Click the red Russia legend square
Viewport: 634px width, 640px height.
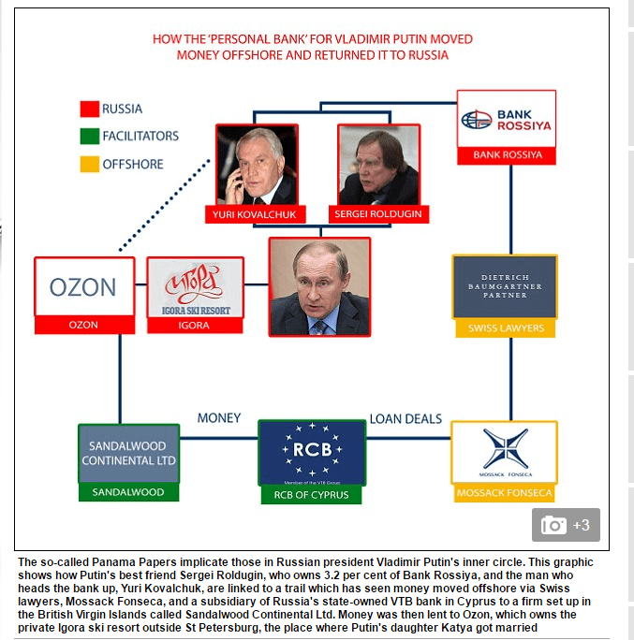click(90, 109)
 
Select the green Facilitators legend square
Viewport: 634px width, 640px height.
click(90, 136)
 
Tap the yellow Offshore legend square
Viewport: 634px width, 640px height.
click(90, 164)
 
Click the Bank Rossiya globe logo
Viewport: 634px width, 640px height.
click(477, 119)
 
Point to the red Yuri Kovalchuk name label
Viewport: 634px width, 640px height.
click(256, 214)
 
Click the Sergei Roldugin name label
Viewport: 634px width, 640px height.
click(378, 214)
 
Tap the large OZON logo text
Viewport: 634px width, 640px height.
click(83, 287)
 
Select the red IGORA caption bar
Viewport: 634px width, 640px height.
click(195, 326)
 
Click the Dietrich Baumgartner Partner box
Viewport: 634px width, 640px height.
click(505, 286)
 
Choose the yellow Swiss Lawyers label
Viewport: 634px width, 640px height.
click(506, 328)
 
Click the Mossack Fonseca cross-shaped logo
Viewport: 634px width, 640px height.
click(506, 448)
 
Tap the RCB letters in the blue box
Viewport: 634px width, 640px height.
click(313, 450)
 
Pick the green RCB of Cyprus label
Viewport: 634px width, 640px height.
click(311, 495)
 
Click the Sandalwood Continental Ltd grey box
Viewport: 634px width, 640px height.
click(128, 453)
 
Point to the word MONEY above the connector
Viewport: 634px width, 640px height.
click(219, 418)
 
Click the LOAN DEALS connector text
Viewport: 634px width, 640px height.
click(405, 419)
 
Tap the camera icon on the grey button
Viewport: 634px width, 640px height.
click(553, 525)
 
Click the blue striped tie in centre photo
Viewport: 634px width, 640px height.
click(320, 327)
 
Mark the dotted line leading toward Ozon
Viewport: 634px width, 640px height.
click(165, 205)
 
